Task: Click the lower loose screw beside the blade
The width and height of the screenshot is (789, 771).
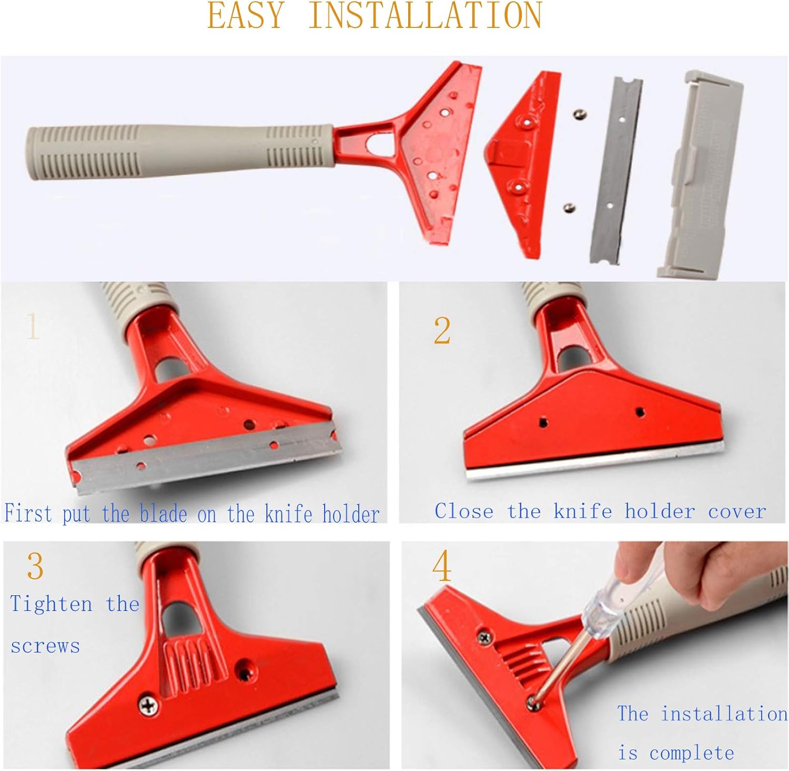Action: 568,208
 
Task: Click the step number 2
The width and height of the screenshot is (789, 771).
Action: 442,331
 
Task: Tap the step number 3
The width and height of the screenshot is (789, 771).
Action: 35,566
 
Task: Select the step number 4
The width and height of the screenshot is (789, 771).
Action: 442,566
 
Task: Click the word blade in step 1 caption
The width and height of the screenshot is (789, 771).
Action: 163,514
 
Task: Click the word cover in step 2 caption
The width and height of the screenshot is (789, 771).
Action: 737,512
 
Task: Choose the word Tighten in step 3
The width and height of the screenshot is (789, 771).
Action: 51,604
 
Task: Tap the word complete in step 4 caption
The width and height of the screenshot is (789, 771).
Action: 692,753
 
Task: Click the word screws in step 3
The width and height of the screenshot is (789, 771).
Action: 45,646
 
